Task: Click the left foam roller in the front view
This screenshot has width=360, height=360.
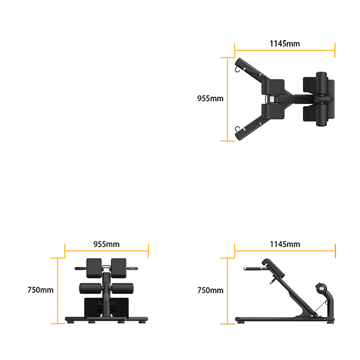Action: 89,288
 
